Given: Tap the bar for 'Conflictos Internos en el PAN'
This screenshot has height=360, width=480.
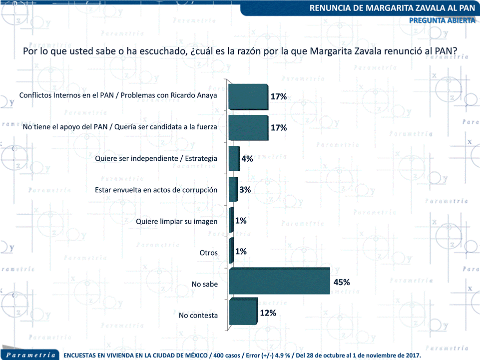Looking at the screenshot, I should coord(248,96).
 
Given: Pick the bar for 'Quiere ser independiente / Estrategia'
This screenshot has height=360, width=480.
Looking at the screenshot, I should coord(234,159).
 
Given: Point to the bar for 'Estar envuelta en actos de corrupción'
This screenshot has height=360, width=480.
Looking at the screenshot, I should coord(233,190).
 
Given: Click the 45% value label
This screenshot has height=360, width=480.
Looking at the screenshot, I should coord(342,282).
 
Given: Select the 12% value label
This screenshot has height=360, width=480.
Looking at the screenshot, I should coord(268,313).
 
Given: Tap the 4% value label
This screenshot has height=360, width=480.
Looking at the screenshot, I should coord(247,159).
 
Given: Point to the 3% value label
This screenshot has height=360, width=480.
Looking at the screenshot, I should coord(245,190).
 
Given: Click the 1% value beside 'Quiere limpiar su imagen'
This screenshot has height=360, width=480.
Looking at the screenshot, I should coord(241,221).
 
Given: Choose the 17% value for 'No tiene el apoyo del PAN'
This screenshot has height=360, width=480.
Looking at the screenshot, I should coord(279,127).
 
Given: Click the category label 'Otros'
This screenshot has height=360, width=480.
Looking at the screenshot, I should coord(209,253).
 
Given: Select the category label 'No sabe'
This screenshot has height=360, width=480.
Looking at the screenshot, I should coord(205,284).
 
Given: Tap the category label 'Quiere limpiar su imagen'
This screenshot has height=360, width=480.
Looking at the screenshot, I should coord(177,221).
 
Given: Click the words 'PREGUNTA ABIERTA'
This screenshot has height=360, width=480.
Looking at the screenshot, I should coord(442,20).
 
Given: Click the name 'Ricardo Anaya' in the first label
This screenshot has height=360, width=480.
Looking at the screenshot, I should coord(193,95).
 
